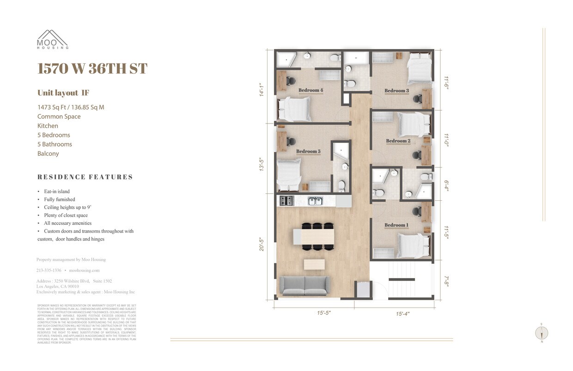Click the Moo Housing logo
[53, 39]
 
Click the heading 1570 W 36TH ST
[92, 68]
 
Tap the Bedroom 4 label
[311, 90]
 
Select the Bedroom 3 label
[396, 91]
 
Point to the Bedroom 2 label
[398, 141]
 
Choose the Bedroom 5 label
[308, 151]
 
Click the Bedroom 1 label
[396, 225]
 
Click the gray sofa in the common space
[305, 285]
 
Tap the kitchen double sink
[316, 201]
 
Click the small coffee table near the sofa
[314, 264]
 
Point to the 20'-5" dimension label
[262, 244]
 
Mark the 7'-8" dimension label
[446, 281]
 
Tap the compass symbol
[541, 333]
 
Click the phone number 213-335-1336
[49, 270]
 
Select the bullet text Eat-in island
[57, 192]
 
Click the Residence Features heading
[85, 177]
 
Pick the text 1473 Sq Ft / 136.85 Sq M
[71, 107]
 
